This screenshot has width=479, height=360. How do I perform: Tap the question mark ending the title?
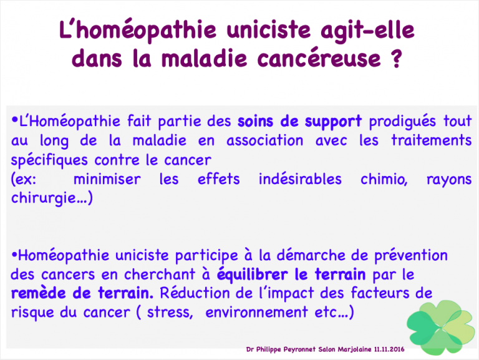pyautogui.click(x=396, y=58)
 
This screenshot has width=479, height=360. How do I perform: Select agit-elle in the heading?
pyautogui.click(x=367, y=31)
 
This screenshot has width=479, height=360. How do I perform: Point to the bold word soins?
pyautogui.click(x=255, y=121)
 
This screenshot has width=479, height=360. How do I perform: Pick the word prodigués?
pyautogui.click(x=402, y=122)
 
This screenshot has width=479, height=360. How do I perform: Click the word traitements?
pyautogui.click(x=432, y=140)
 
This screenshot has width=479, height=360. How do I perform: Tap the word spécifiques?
pyautogui.click(x=49, y=160)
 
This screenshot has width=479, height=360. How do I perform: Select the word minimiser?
pyautogui.click(x=107, y=179)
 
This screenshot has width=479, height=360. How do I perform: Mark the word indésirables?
pyautogui.click(x=300, y=179)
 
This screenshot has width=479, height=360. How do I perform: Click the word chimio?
pyautogui.click(x=384, y=179)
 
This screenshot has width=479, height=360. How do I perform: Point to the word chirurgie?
pyautogui.click(x=47, y=198)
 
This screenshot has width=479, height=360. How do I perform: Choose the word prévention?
pyautogui.click(x=411, y=256)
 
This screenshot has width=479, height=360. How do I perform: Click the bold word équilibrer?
pyautogui.click(x=253, y=275)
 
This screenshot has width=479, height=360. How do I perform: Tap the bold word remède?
pyautogui.click(x=38, y=293)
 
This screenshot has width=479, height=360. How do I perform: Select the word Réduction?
pyautogui.click(x=195, y=293)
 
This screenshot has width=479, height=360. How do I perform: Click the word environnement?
pyautogui.click(x=256, y=312)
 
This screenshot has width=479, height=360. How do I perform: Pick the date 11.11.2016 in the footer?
pyautogui.click(x=389, y=349)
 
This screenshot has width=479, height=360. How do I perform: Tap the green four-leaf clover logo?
pyautogui.click(x=437, y=328)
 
